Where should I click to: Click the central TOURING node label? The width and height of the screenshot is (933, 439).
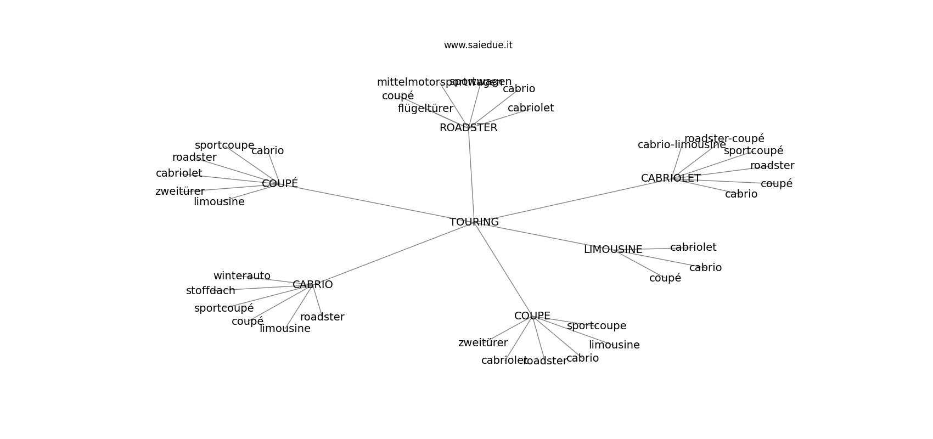474,222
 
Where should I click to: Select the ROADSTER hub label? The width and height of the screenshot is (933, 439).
468,128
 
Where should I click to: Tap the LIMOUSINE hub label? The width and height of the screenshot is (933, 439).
612,250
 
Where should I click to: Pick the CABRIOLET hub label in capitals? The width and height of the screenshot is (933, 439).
670,178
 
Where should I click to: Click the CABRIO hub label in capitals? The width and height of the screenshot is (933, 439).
312,285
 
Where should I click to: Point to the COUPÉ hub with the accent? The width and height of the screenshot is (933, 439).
279,184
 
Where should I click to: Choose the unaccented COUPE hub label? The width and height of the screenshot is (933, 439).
532,316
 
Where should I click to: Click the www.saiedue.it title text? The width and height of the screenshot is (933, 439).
478,45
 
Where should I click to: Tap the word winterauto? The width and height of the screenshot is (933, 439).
241,276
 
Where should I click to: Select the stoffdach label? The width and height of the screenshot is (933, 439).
210,291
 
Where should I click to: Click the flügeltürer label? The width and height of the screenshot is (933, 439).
425,109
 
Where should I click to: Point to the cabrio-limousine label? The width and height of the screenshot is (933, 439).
681,145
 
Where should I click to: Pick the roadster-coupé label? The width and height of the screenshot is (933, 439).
724,138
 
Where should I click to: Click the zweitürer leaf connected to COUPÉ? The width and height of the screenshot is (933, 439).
179,192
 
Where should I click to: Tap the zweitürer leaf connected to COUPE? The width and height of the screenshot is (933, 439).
482,343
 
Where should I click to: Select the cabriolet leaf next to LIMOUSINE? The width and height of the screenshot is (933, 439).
693,247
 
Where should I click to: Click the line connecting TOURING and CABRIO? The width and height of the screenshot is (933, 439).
393,254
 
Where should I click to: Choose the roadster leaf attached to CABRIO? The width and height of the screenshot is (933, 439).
322,317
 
